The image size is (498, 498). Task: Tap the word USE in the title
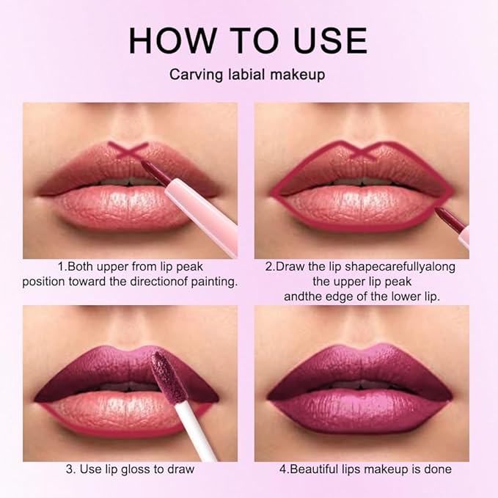pos(324,41)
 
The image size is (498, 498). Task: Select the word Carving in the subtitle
pos(192,76)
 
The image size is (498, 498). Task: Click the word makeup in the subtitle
pos(302,76)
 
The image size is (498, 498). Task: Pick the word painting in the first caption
pos(214,281)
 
